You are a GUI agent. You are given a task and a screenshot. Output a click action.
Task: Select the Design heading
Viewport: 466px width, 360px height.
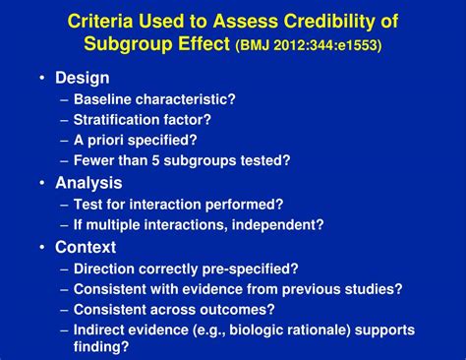(x=83, y=78)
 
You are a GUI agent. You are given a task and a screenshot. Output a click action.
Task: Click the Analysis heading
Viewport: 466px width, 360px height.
(x=88, y=183)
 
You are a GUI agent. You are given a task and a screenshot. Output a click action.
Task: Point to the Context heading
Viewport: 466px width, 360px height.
(x=86, y=247)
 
